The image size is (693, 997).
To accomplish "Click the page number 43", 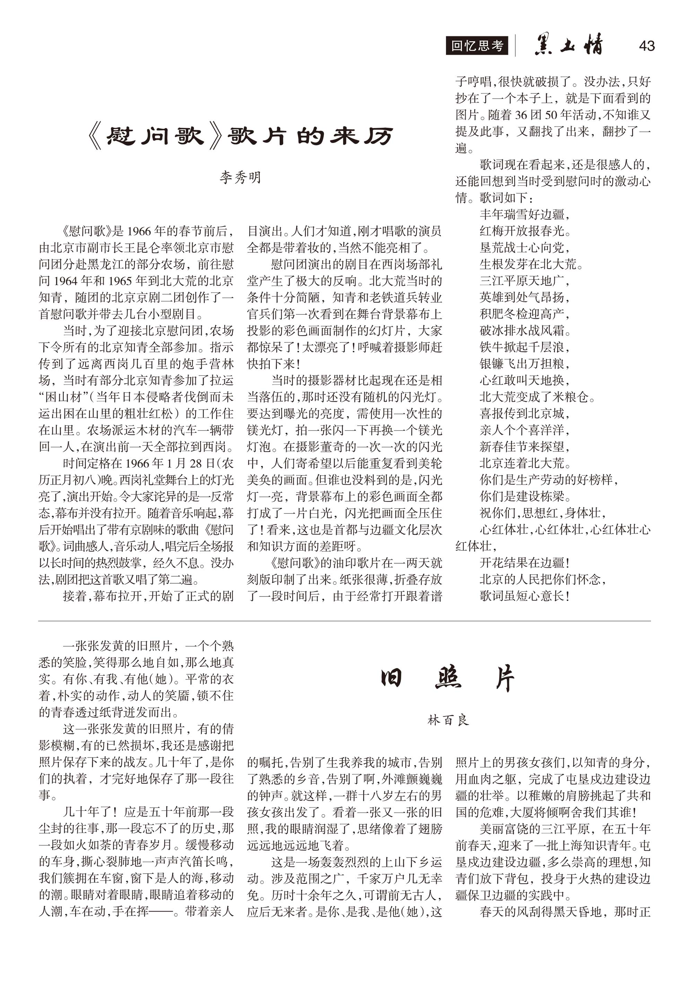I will [x=646, y=46].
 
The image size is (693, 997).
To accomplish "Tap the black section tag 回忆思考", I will [x=477, y=46].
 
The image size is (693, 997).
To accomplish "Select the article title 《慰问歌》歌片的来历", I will [x=240, y=137].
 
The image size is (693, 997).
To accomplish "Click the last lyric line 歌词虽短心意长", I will [x=524, y=596].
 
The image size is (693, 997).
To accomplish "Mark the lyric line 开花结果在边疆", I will [x=524, y=563].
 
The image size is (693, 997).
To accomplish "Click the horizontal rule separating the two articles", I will [x=344, y=621].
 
